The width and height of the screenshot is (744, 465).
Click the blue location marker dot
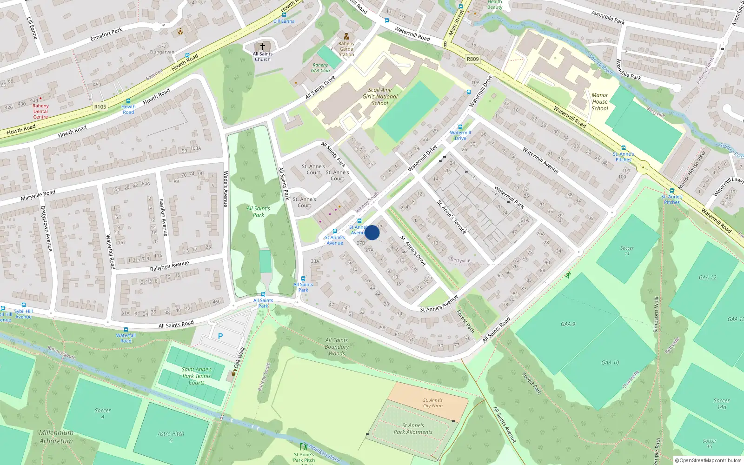click(372, 232)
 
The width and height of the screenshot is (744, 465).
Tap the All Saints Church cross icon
click(263, 46)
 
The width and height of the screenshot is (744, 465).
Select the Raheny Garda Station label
click(346, 49)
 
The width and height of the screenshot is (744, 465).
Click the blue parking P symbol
click(220, 336)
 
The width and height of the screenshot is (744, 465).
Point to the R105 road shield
click(100, 106)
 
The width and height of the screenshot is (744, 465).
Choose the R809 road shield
click(472, 59)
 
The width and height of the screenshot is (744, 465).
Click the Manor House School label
click(600, 102)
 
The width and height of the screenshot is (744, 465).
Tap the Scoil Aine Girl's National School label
click(380, 97)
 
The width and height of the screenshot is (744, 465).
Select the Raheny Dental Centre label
click(40, 111)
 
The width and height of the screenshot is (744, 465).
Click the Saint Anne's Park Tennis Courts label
click(196, 376)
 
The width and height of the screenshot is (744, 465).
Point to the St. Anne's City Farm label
click(432, 403)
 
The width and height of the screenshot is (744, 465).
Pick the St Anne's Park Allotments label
click(413, 429)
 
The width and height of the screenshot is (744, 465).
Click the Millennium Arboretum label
click(56, 437)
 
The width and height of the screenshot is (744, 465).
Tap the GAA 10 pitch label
click(610, 363)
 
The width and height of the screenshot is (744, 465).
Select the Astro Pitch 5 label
click(171, 437)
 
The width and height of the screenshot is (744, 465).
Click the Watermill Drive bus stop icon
click(460, 127)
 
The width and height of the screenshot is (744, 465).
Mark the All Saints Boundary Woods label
click(337, 347)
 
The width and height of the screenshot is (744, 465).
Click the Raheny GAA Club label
click(320, 68)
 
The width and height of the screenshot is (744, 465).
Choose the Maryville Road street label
click(38, 195)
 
